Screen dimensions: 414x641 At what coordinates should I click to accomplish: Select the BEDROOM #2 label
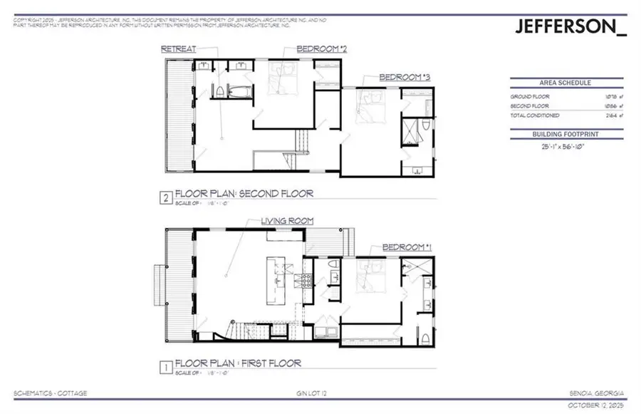[x=317, y=49]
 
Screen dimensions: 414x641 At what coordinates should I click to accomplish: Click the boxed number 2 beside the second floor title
[x=167, y=197]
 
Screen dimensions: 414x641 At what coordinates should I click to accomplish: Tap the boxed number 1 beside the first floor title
[x=167, y=367]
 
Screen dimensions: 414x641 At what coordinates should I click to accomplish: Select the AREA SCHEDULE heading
[x=567, y=83]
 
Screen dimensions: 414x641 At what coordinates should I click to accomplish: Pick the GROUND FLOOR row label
[x=526, y=96]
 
